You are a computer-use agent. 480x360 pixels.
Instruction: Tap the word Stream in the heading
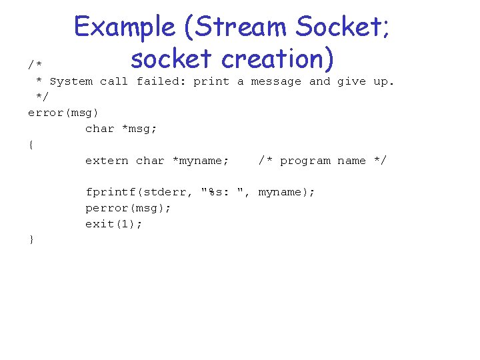tap(242, 27)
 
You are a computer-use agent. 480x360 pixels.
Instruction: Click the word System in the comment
tap(71, 81)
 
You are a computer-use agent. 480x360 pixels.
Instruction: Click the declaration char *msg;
tap(121, 129)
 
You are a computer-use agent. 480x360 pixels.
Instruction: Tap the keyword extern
tap(107, 161)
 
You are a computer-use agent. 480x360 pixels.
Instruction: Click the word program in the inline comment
tap(305, 161)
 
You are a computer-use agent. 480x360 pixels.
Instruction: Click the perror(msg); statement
tap(128, 208)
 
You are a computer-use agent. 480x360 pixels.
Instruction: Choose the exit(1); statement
tap(113, 224)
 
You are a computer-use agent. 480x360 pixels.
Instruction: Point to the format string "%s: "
tap(225, 192)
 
